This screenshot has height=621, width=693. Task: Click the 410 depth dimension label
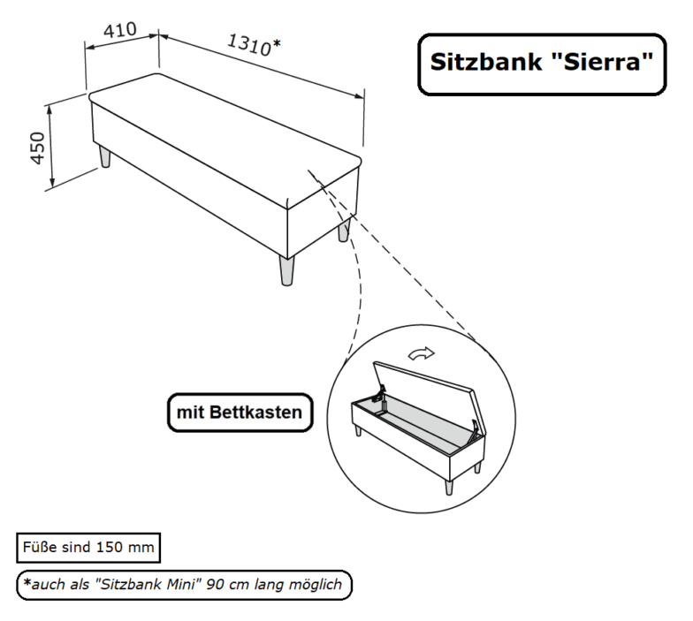120,30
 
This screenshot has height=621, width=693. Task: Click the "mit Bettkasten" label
240,413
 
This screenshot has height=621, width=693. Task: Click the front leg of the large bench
286,269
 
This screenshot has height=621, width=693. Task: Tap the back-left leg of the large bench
105,157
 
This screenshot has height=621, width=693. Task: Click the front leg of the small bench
449,485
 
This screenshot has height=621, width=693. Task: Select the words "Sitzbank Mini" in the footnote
146,584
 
